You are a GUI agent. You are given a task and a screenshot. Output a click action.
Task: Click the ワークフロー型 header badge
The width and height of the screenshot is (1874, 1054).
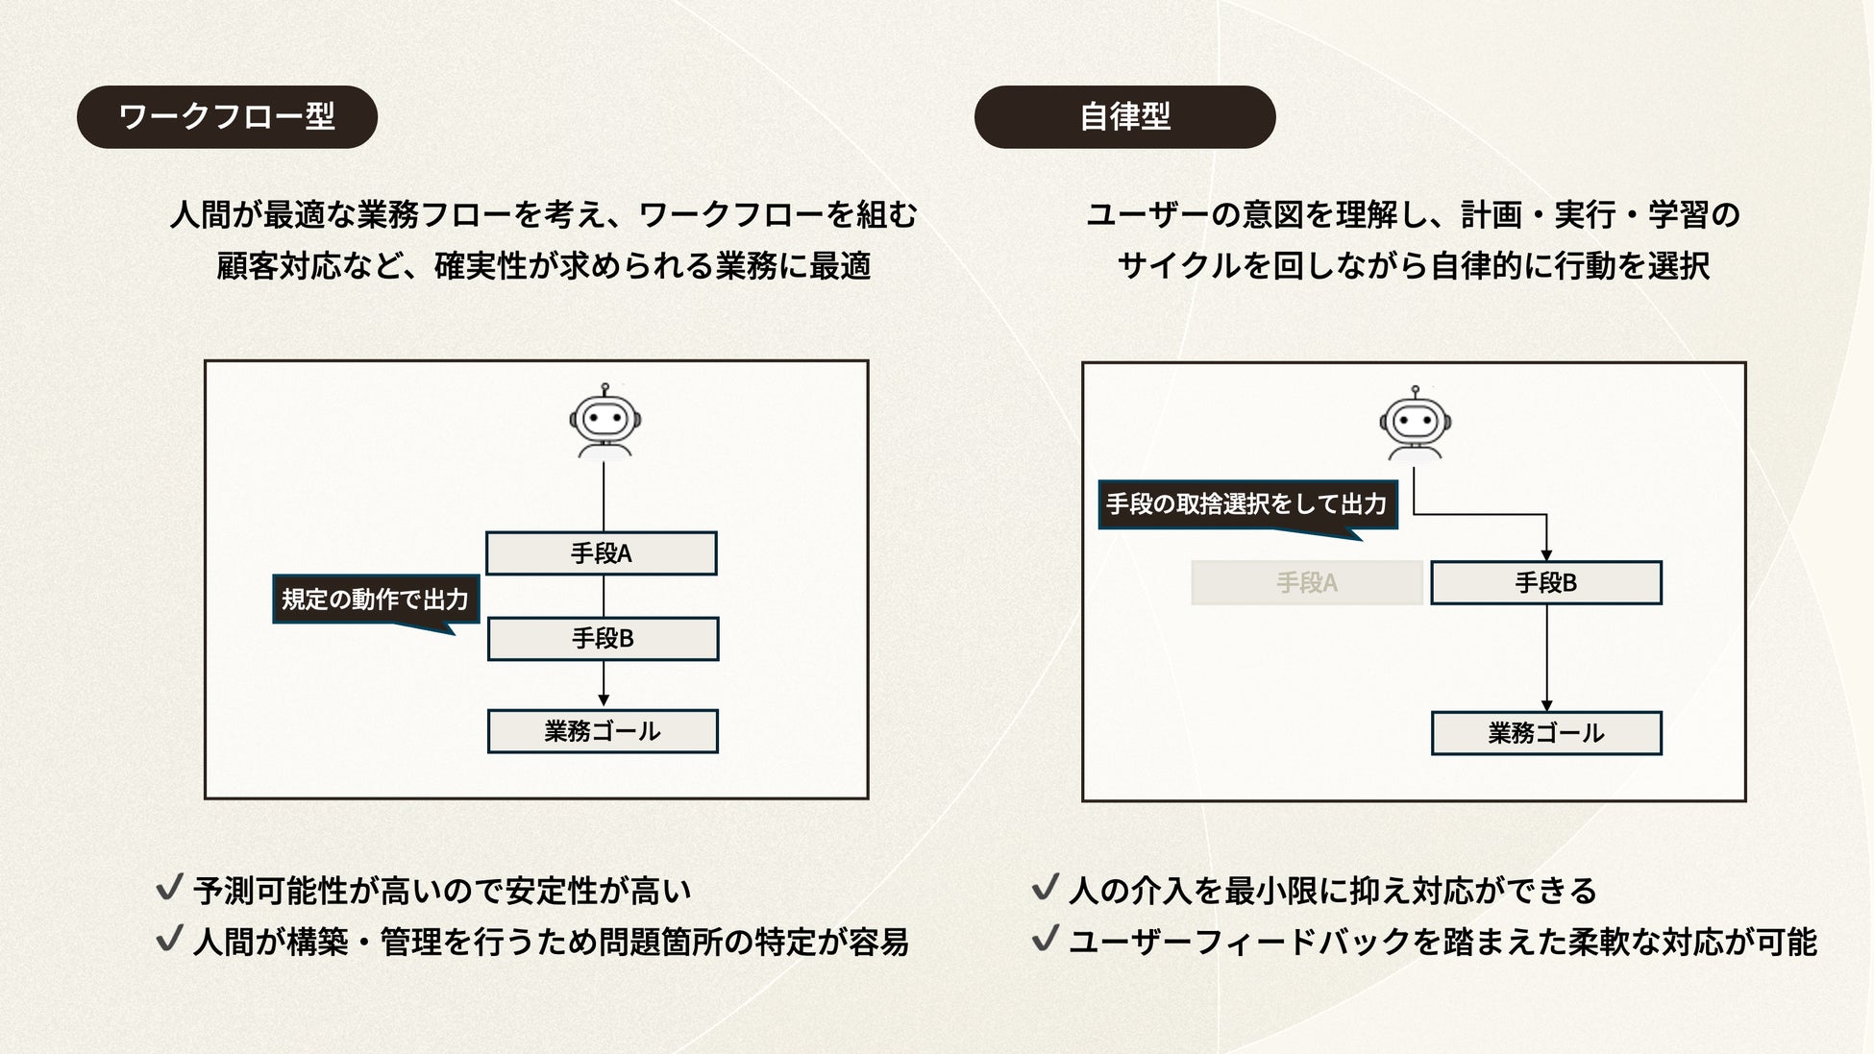[x=227, y=116]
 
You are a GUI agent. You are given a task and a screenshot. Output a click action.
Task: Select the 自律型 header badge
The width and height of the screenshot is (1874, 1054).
[x=1124, y=116]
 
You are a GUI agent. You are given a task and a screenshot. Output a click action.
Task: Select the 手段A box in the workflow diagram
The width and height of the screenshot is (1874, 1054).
[x=602, y=553]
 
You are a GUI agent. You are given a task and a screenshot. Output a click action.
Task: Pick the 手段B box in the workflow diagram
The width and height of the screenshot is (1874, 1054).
[x=603, y=639]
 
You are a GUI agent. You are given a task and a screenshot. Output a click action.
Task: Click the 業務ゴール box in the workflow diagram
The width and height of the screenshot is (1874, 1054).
[x=603, y=731]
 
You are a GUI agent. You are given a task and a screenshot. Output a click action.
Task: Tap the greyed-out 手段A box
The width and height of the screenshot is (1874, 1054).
[x=1306, y=582]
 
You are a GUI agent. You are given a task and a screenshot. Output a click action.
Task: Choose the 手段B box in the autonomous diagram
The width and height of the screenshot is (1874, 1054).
[x=1545, y=582]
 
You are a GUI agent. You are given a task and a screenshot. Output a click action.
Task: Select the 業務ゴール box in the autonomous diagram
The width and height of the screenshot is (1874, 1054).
[x=1545, y=733]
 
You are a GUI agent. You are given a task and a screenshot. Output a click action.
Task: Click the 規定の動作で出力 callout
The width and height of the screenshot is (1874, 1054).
[x=376, y=600]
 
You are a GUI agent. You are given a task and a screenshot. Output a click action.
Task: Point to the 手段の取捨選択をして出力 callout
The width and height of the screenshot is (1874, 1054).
[x=1246, y=504]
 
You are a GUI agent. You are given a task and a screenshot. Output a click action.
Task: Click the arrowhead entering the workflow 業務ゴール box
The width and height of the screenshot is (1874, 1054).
[x=604, y=700]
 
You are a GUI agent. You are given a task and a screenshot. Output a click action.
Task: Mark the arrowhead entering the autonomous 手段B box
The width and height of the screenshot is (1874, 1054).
[x=1546, y=554]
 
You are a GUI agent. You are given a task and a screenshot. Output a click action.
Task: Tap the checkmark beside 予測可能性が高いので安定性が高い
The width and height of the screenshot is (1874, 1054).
[x=169, y=888]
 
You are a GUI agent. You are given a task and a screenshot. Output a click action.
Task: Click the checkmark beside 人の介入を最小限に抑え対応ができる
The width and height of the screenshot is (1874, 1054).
[x=1045, y=888]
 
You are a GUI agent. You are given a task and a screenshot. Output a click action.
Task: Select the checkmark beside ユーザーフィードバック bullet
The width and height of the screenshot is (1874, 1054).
[x=1045, y=939]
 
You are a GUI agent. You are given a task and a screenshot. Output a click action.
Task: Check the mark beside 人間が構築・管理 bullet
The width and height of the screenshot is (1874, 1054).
[x=169, y=939]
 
